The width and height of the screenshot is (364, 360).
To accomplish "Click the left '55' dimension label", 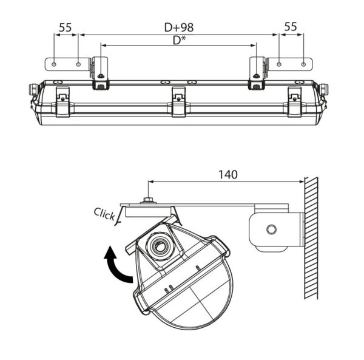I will pyautogui.click(x=66, y=27).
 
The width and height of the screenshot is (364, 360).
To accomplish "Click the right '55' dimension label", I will pyautogui.click(x=291, y=27).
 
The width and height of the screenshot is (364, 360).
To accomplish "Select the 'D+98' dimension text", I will pyautogui.click(x=178, y=27).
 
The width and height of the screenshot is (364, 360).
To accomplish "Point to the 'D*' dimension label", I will pyautogui.click(x=177, y=40).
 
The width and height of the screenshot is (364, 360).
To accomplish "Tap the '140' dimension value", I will pyautogui.click(x=227, y=174).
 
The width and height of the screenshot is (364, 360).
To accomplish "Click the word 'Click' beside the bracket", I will pyautogui.click(x=104, y=214).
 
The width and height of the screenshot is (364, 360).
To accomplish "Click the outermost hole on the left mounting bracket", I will pyautogui.click(x=55, y=64).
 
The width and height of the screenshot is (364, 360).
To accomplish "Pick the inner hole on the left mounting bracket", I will pyautogui.click(x=78, y=64).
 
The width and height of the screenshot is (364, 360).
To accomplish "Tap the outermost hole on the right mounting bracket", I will pyautogui.click(x=303, y=64).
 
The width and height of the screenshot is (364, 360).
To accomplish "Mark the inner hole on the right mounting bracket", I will pyautogui.click(x=279, y=64).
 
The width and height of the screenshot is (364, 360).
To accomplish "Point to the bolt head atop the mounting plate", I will pyautogui.click(x=147, y=200).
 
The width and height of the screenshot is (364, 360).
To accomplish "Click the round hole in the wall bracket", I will pyautogui.click(x=271, y=229).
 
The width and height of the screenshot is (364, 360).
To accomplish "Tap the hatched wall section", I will pyautogui.click(x=311, y=237).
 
